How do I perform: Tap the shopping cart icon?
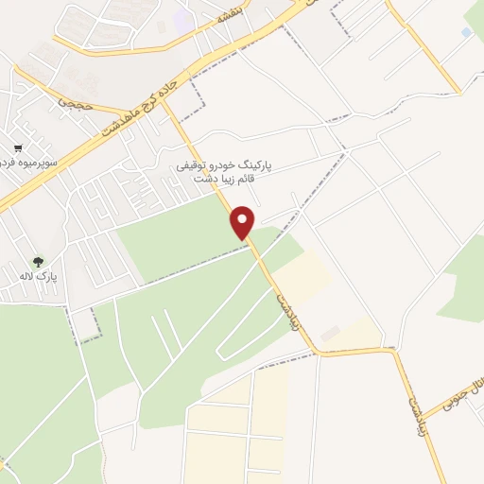tap(18, 148)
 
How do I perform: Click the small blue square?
tap(466, 32)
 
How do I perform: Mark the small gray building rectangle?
tap(330, 335)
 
